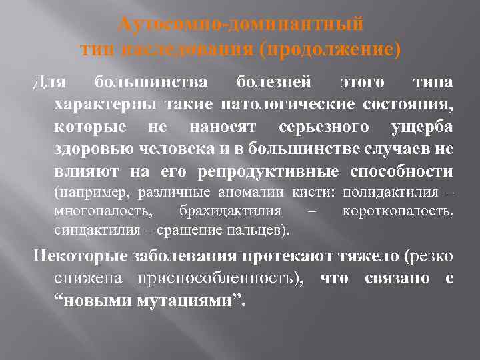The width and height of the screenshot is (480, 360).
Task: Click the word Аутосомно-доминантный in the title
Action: click(240, 25)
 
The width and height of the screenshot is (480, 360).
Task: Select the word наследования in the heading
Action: click(196, 49)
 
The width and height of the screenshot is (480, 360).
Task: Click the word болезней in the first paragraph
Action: click(274, 83)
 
